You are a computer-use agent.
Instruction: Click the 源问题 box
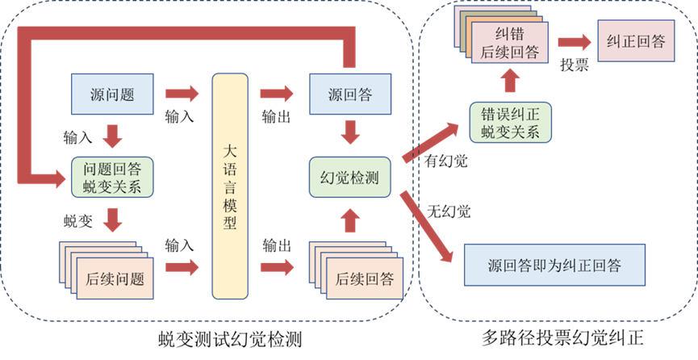point(114,94)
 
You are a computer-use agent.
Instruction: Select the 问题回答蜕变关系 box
point(113,178)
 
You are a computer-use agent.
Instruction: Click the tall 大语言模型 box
point(230,186)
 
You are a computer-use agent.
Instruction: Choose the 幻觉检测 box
point(350,178)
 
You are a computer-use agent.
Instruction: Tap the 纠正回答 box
point(636,42)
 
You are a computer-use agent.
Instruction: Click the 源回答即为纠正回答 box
point(555,266)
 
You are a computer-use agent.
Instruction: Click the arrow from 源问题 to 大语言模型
point(182,94)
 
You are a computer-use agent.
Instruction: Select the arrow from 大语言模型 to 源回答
point(278,94)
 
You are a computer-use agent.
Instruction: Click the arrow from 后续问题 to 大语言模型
point(182,266)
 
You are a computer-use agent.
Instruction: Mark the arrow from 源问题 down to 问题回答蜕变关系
point(113,134)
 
